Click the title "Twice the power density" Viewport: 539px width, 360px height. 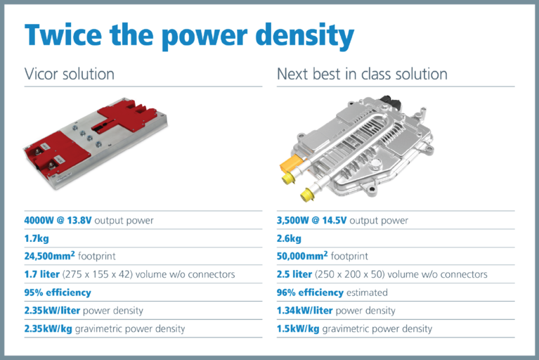coord(189,36)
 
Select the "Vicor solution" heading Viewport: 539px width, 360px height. coord(69,74)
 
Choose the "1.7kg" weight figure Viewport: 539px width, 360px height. coord(37,238)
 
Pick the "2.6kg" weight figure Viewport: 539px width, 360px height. coord(290,238)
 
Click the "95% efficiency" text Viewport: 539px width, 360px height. coord(58,292)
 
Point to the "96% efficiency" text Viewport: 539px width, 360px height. coord(310,292)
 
